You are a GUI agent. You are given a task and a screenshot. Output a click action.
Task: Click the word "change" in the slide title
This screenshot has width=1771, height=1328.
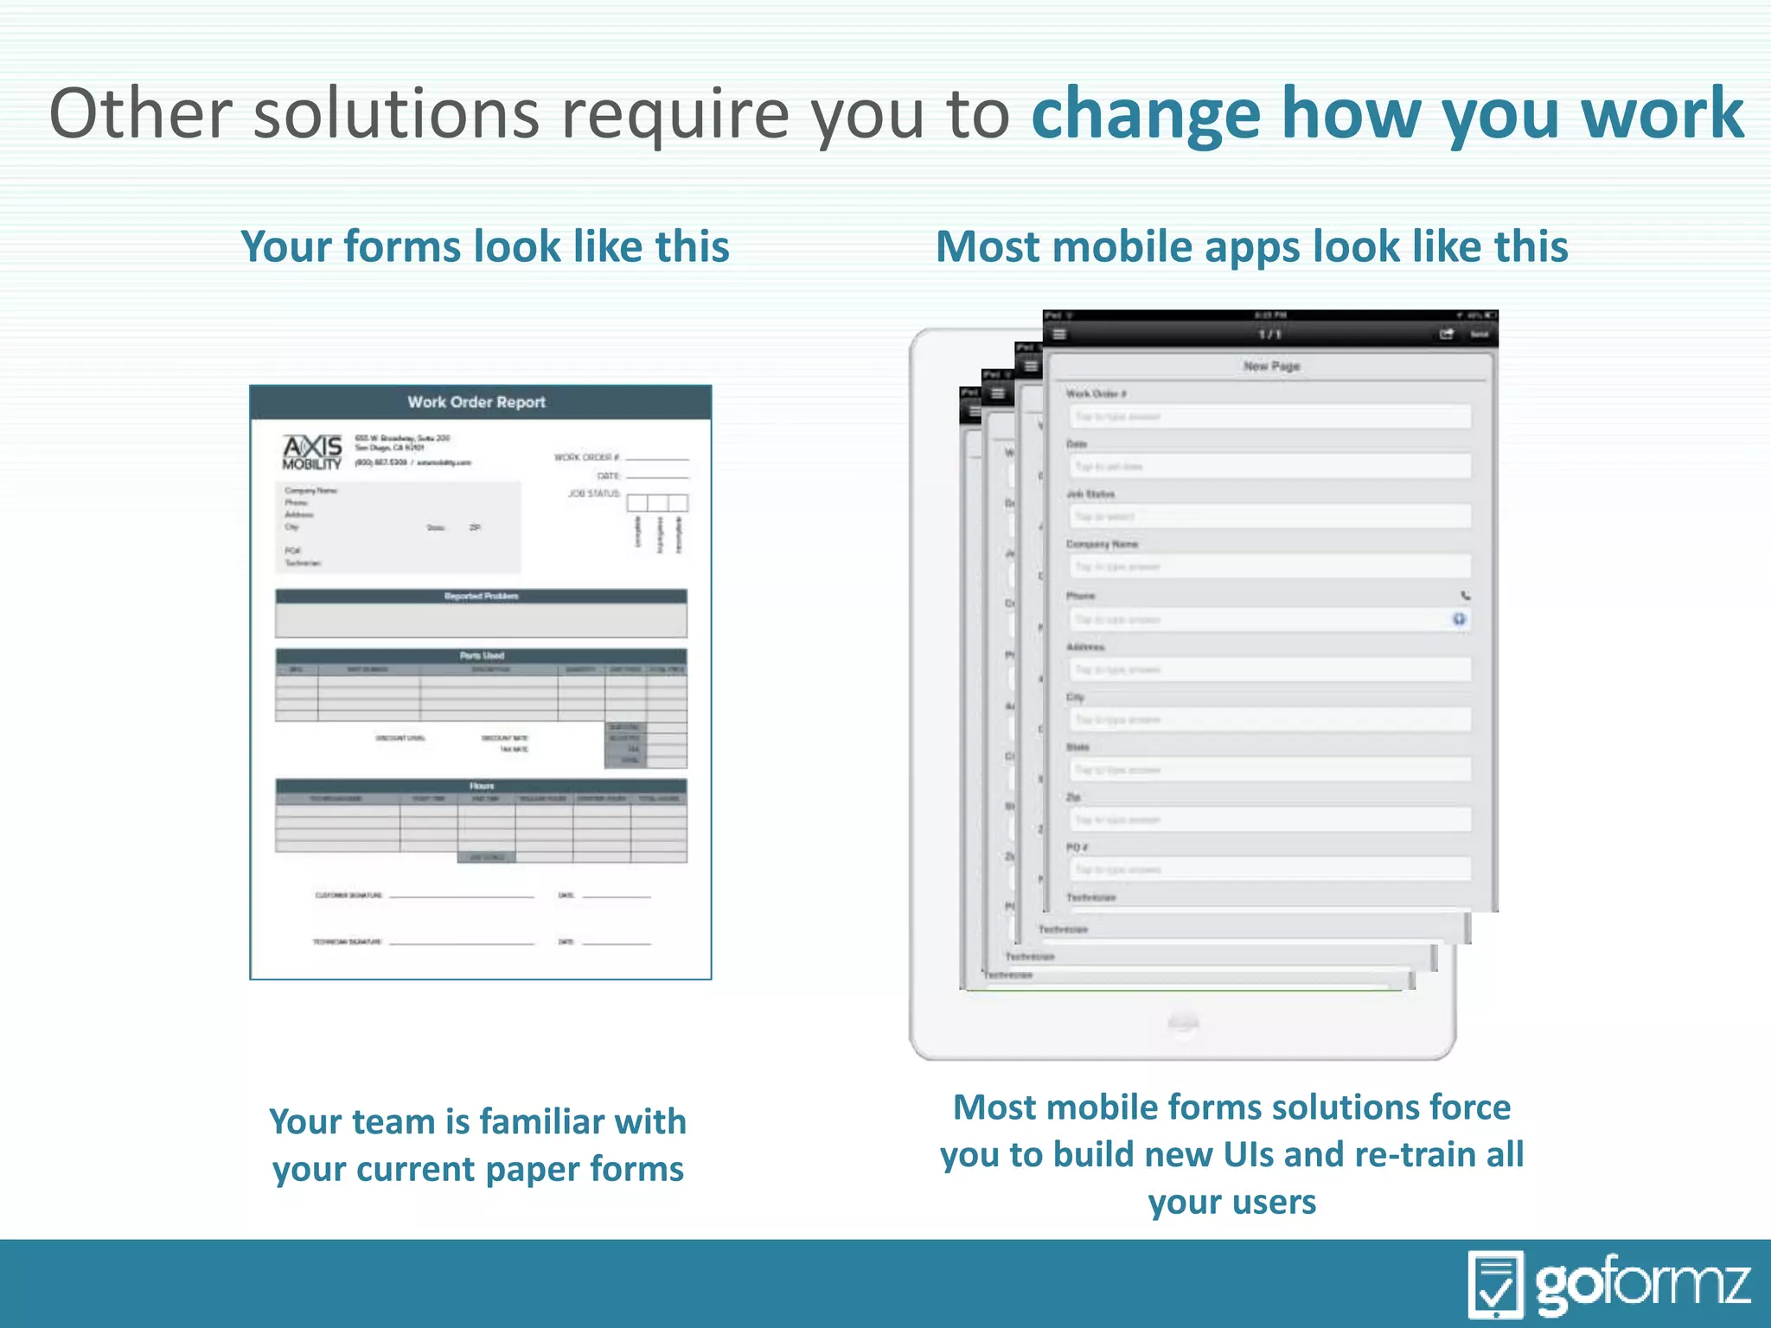(1146, 114)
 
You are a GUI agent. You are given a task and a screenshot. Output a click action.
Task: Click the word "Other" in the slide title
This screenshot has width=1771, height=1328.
(141, 114)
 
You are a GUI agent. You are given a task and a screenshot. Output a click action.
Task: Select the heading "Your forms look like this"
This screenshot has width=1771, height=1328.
(485, 246)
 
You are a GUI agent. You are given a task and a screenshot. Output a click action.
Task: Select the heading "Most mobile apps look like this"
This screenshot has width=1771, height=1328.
(1251, 246)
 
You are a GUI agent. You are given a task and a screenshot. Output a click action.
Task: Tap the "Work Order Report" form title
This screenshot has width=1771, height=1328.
(476, 402)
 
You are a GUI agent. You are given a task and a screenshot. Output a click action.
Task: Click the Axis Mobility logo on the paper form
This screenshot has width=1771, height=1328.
(312, 452)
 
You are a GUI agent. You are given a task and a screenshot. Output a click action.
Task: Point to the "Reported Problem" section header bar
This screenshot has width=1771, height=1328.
(481, 597)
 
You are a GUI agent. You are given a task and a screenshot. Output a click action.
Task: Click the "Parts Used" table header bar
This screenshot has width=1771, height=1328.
(481, 655)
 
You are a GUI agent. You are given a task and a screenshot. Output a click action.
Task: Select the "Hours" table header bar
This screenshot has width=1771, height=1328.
(481, 786)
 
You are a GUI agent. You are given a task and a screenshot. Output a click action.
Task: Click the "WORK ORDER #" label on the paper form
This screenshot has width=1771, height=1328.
(586, 457)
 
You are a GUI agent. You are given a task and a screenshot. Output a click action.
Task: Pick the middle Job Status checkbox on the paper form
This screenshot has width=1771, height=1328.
(658, 503)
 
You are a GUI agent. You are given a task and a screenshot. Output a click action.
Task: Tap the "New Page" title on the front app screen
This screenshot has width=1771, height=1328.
(1271, 367)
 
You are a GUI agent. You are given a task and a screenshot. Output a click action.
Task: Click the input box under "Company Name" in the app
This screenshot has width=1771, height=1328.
(1269, 567)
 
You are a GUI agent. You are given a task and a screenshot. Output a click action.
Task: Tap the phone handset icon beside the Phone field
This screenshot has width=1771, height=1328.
(1465, 596)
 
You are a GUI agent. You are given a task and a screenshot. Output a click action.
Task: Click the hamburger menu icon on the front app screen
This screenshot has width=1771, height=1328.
(1059, 335)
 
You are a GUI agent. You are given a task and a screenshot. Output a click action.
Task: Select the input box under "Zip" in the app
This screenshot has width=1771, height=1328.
(1269, 820)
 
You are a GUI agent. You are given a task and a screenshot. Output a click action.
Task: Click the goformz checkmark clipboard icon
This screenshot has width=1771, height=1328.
(1495, 1284)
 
